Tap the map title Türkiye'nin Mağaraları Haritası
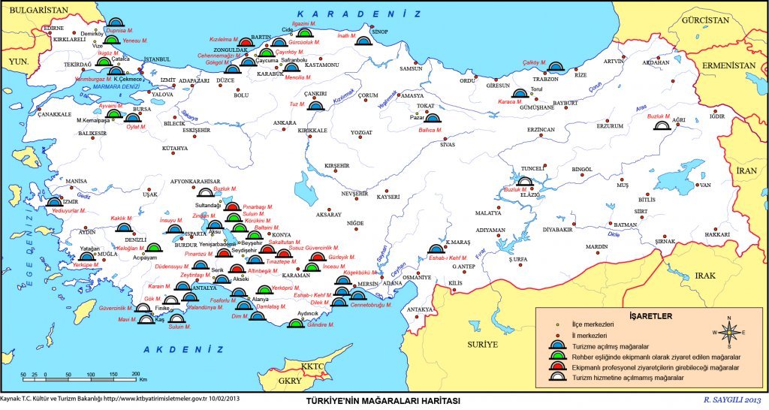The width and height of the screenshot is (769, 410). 384,401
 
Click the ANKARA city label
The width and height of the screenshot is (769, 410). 285,122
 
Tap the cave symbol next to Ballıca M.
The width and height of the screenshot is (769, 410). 434,118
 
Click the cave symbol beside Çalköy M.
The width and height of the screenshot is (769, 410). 555,68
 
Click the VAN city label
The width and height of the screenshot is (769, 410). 704,185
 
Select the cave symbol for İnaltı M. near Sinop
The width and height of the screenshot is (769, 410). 363,43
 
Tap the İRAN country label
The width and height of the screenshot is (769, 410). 746,170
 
